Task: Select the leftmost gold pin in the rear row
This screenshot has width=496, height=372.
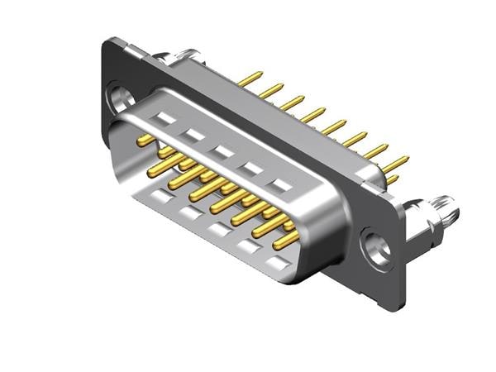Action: (x=250, y=79)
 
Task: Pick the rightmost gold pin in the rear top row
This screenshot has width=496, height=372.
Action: (x=395, y=163)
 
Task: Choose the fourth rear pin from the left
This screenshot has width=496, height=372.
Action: (x=313, y=115)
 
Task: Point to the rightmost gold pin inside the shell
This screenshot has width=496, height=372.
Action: (x=286, y=239)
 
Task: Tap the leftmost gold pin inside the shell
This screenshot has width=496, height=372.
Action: (x=146, y=140)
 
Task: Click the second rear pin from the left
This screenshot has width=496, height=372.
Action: (x=270, y=91)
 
